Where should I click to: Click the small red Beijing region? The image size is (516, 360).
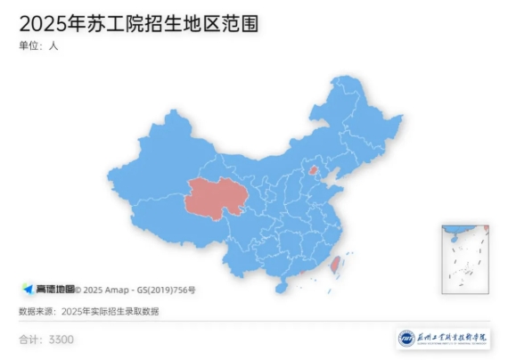[312, 170]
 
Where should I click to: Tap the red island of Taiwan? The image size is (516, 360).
[336, 266]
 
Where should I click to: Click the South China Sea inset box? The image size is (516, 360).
[464, 258]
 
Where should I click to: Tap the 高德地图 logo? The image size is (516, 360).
[49, 290]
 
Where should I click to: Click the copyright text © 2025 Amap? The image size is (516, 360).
[104, 290]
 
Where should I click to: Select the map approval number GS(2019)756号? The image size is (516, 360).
[166, 290]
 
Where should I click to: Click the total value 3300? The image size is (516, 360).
[61, 340]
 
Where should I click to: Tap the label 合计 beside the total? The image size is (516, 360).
[29, 340]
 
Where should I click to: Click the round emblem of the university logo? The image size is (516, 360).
[406, 340]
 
